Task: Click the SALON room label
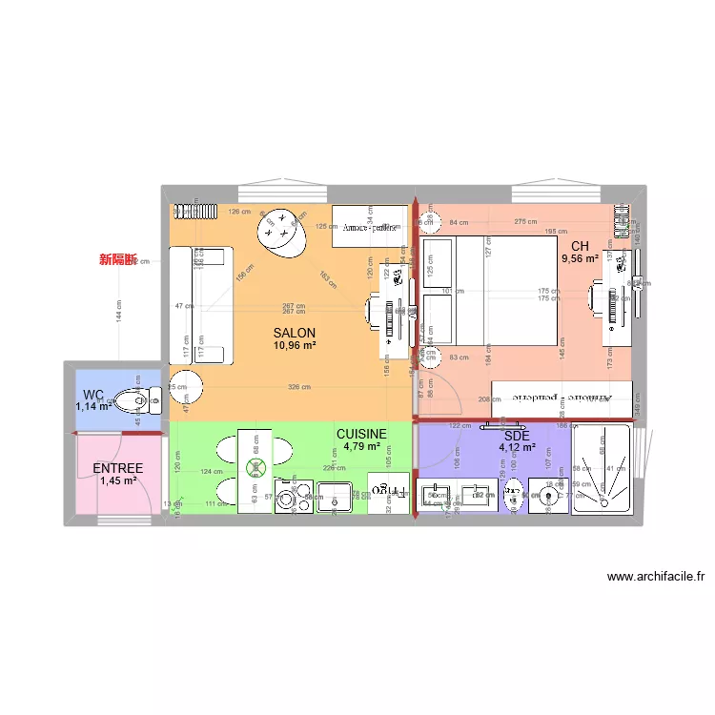click(294, 333)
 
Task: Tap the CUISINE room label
click(361, 433)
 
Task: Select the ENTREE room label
click(118, 468)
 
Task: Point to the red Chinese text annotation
click(119, 259)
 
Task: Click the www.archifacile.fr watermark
click(655, 577)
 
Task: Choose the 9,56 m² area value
click(580, 258)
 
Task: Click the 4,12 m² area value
click(517, 447)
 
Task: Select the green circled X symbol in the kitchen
click(255, 467)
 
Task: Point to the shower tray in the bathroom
click(602, 469)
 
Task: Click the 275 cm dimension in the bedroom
click(525, 222)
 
